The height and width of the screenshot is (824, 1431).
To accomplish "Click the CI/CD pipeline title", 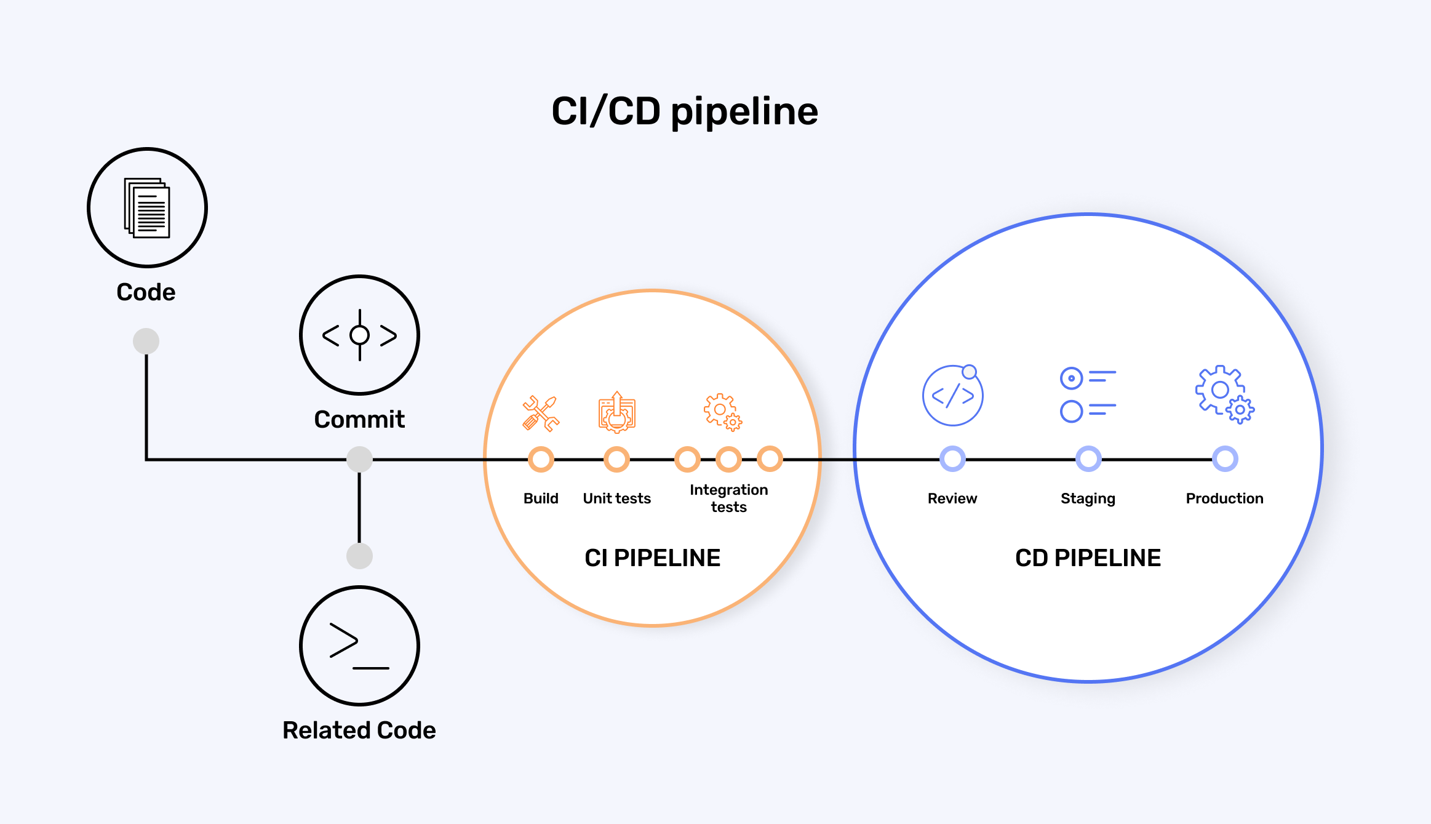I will pos(685,111).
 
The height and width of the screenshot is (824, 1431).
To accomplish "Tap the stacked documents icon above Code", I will pos(147,208).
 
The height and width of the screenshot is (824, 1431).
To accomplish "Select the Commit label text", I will pos(359,420).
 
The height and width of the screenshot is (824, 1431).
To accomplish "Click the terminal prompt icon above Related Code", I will pos(359,646).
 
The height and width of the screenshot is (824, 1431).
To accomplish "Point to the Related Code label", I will pos(359,730).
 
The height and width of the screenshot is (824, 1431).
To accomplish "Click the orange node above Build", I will pos(541,459).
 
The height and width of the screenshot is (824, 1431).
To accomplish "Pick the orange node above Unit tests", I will pos(616,459).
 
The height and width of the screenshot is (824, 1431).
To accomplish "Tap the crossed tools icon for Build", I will pos(541,413).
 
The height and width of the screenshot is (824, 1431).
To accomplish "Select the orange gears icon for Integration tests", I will pos(723,412).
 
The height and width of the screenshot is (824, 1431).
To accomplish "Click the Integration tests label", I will pos(729,498).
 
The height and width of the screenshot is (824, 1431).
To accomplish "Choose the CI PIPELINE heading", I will pos(652,558).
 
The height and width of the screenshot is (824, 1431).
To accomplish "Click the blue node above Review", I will pos(952,459).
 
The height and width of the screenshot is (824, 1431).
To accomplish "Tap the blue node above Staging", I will pos(1088,459).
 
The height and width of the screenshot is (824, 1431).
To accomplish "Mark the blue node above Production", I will pos(1225,459).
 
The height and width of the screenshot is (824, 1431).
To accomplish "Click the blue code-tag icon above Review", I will pos(952,395).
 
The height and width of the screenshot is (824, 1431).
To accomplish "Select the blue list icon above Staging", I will pos(1088,394).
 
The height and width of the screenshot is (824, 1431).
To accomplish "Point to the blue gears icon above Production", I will pos(1224,394).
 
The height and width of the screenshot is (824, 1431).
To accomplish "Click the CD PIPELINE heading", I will pos(1088,558).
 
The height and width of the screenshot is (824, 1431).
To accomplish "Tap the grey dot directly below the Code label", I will pos(146,341).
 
